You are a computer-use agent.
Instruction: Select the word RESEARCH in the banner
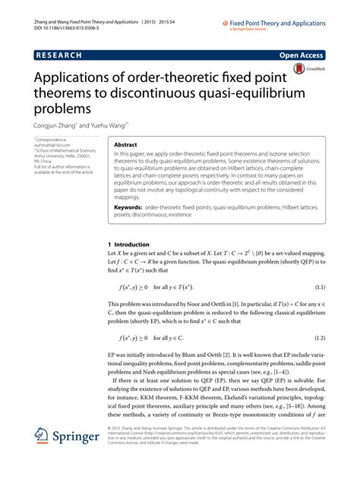pyautogui.click(x=61, y=55)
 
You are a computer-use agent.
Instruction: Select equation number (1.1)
pyautogui.click(x=318, y=308)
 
